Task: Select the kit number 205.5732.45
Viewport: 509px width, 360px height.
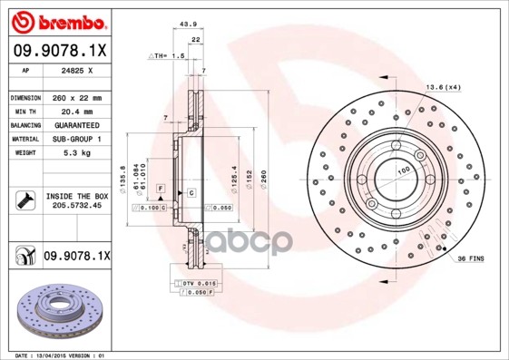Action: (x=76, y=206)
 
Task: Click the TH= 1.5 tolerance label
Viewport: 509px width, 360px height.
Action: (x=169, y=55)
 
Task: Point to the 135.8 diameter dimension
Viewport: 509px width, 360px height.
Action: (x=122, y=169)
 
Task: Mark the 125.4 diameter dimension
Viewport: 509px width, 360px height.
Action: (x=234, y=172)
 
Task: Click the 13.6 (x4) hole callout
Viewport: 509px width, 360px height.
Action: (x=443, y=87)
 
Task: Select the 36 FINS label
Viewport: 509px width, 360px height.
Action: (x=469, y=259)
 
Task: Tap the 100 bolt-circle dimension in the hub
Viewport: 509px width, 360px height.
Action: (x=401, y=169)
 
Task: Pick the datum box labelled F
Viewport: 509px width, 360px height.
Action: (x=161, y=187)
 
